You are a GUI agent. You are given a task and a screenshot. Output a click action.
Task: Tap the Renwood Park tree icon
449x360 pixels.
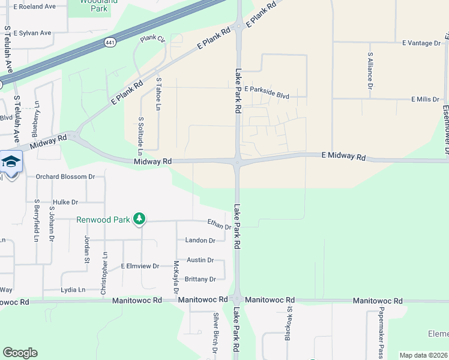pos(139,219)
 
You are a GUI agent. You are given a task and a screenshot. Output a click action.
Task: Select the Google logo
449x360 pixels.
pos(20,353)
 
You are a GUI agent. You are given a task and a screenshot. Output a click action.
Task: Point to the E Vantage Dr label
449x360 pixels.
pos(421,43)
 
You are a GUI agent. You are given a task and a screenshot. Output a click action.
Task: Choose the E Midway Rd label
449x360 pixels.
pos(343,157)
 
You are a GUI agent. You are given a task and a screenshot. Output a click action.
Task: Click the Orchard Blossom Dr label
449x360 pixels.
pos(65,177)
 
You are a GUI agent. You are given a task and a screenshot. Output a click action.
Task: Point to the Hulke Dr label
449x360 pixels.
pos(65,202)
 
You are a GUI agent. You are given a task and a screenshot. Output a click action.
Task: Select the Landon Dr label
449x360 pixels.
pos(200,241)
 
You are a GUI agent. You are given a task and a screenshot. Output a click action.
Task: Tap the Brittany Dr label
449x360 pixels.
pos(200,280)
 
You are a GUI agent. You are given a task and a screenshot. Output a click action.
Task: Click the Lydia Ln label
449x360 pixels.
pos(73,290)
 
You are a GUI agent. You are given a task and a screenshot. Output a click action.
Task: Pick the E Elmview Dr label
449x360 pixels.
pos(140,266)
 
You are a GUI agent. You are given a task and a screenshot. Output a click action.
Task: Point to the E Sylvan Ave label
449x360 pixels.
pos(32,33)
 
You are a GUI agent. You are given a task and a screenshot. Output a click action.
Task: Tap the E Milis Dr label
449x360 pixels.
pos(426,99)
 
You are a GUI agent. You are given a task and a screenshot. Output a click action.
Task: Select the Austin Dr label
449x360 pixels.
pos(200,260)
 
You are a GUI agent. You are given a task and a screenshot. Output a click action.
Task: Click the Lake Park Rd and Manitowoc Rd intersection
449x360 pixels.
pos(237,299)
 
